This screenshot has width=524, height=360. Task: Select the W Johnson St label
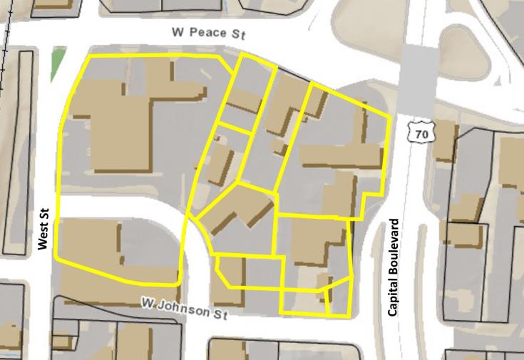coord(183,308)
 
